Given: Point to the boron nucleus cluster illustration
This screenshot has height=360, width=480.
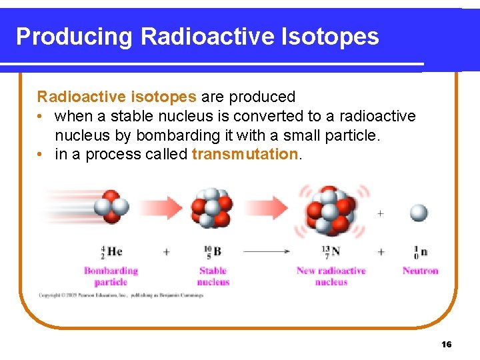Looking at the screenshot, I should coord(213,207).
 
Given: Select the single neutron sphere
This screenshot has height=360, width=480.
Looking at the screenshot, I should coord(419,213).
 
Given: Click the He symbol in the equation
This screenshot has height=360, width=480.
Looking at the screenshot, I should coord(114,251).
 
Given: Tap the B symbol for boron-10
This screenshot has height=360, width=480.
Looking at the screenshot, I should coord(217,251).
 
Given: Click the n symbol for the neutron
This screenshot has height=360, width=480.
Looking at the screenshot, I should coord(423,252).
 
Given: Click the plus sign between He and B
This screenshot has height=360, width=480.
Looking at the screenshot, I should coord(166,252).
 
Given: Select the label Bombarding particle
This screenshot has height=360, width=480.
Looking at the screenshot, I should coord(111,276).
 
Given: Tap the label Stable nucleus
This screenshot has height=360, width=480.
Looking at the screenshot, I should coord(213,276).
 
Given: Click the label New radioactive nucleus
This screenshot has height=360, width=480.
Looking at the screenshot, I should coord(331,276).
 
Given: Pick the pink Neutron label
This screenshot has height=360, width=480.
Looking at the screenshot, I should coord(420,271).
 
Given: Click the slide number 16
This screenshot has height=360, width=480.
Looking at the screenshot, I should coord(446,344).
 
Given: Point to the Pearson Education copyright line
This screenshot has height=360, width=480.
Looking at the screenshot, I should coord(120,294).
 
